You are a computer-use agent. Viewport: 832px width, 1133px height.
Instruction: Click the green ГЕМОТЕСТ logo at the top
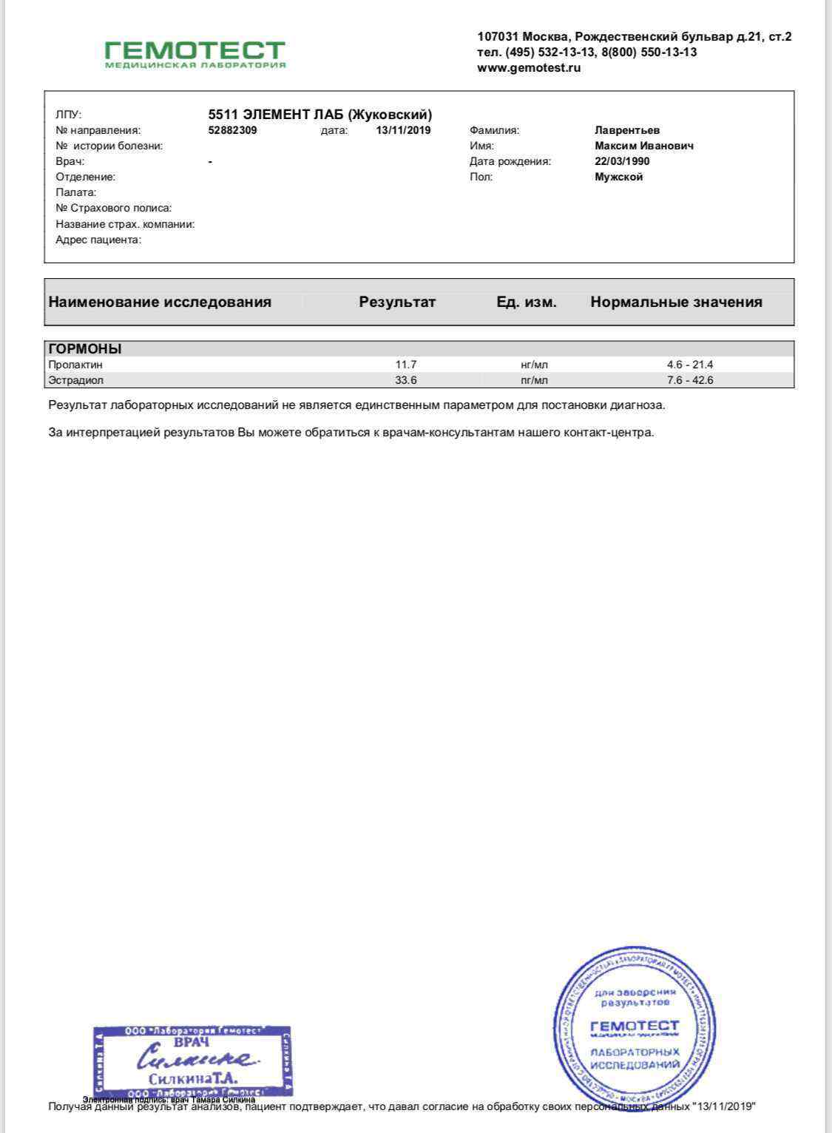[x=195, y=54]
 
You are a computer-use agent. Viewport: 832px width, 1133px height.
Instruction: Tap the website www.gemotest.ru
[x=529, y=68]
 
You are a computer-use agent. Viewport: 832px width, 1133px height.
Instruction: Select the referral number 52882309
[x=233, y=130]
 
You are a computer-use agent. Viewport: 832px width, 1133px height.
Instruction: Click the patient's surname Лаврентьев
[x=627, y=130]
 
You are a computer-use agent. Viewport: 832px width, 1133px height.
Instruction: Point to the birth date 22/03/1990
[x=622, y=161]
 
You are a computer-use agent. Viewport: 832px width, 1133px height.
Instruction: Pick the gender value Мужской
[x=618, y=177]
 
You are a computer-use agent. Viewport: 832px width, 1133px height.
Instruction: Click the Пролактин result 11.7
[x=406, y=365]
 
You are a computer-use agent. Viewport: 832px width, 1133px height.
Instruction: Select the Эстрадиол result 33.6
[x=406, y=380]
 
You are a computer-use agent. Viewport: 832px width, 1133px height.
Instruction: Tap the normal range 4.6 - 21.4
[x=689, y=365]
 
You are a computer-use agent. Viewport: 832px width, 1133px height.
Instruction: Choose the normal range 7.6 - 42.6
[x=689, y=380]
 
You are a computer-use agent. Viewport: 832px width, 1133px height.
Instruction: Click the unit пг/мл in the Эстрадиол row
[x=534, y=380]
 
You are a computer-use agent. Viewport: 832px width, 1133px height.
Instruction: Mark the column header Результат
[x=397, y=302]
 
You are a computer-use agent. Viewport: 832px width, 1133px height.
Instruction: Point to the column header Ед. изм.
[x=527, y=302]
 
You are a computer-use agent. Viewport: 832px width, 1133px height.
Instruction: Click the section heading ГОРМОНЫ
[x=85, y=349]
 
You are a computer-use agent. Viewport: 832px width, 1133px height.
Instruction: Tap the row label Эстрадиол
[x=76, y=380]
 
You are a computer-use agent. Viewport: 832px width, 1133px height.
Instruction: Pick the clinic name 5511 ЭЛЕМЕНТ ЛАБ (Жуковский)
[x=320, y=115]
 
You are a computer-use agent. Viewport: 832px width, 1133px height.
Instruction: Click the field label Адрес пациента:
[x=98, y=240]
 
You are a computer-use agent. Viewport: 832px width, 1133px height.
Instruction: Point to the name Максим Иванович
[x=644, y=146]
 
